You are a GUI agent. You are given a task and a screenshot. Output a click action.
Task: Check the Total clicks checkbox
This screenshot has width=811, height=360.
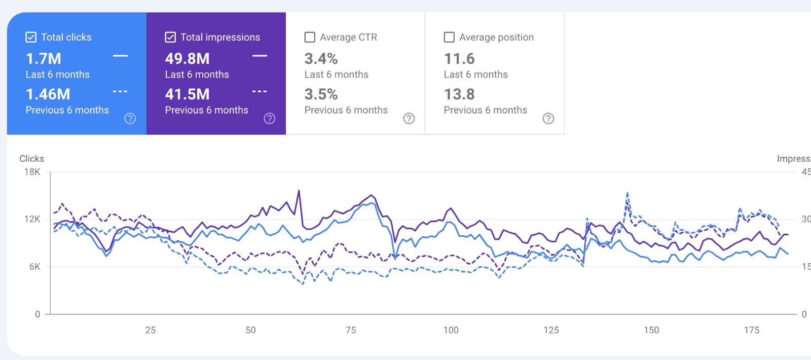click(x=31, y=37)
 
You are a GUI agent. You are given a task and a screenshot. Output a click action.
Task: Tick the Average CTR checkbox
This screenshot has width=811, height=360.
click(x=310, y=37)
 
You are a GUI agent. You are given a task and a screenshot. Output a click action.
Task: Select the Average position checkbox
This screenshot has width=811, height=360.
click(x=449, y=37)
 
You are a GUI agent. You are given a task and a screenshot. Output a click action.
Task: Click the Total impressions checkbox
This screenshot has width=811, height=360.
click(x=170, y=37)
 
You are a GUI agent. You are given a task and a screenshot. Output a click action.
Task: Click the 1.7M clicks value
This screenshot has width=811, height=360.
click(x=44, y=59)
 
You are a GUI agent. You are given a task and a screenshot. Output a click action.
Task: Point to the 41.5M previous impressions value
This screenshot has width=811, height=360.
click(x=187, y=94)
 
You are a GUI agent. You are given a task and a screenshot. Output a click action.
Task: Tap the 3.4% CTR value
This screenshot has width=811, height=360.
click(x=321, y=59)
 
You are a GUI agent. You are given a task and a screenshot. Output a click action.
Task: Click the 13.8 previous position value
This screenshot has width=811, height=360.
click(x=459, y=94)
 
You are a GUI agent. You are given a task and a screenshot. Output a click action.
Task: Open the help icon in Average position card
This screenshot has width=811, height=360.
click(x=548, y=119)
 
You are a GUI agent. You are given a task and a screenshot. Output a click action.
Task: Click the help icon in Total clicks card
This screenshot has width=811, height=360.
click(x=130, y=119)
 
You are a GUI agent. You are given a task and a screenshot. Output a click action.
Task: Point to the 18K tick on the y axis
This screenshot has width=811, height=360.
click(x=32, y=172)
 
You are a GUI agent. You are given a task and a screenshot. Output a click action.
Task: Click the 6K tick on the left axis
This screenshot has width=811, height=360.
click(x=34, y=267)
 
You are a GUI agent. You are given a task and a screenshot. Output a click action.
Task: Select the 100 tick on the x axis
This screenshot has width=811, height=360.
click(x=451, y=330)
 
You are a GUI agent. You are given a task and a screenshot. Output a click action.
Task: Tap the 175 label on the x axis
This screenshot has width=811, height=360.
click(x=751, y=330)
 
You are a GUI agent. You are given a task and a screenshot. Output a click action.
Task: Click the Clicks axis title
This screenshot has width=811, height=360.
click(x=31, y=159)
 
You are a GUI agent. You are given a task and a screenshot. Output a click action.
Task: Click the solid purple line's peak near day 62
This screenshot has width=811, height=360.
click(x=299, y=191)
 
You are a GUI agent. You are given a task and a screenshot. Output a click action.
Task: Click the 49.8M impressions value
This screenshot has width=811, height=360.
click(x=187, y=59)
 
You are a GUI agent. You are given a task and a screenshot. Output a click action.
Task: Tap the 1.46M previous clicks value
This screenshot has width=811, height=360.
click(x=48, y=94)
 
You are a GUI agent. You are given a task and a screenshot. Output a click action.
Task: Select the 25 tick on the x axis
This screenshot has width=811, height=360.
click(x=151, y=330)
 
